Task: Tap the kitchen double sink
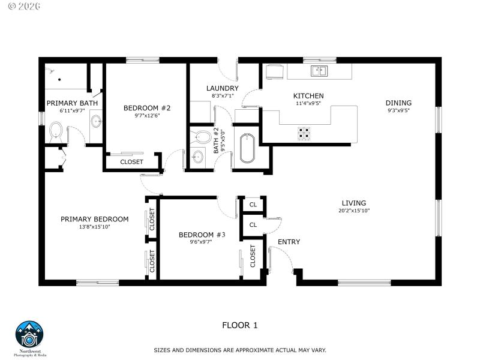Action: click(319, 71)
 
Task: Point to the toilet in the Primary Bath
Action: click(56, 130)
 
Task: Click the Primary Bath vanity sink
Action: click(96, 121)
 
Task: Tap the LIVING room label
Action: click(353, 203)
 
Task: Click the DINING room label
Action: click(398, 103)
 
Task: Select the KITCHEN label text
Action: click(308, 96)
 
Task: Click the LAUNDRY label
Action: click(222, 88)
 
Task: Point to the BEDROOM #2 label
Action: click(147, 108)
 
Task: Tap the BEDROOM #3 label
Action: click(202, 235)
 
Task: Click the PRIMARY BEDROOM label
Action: click(94, 219)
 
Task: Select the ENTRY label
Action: click(289, 242)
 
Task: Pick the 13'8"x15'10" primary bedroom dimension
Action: click(94, 227)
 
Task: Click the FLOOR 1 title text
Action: click(239, 325)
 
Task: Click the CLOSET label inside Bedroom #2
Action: click(131, 162)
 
